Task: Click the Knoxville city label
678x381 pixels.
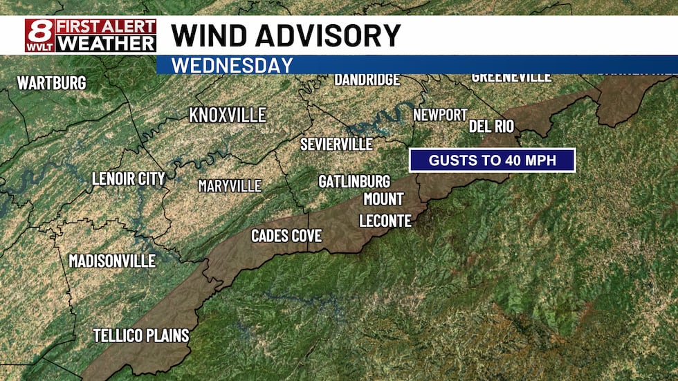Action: click(227, 115)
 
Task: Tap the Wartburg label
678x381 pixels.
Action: click(52, 84)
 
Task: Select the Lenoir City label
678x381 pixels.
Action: click(129, 179)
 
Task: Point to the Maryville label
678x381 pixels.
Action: click(230, 186)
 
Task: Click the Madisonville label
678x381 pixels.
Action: click(112, 261)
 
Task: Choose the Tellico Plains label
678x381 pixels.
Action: click(141, 336)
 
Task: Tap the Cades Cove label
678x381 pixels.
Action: click(286, 236)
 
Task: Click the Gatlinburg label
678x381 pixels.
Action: click(354, 182)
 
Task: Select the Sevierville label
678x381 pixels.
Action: click(336, 145)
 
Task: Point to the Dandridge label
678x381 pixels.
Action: click(367, 80)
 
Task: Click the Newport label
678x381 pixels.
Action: click(440, 115)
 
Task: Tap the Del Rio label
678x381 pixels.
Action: click(491, 127)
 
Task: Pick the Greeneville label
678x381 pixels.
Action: click(511, 77)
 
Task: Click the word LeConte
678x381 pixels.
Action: click(385, 221)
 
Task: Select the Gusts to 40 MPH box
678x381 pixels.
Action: click(492, 160)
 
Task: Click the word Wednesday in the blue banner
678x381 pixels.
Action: click(232, 66)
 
